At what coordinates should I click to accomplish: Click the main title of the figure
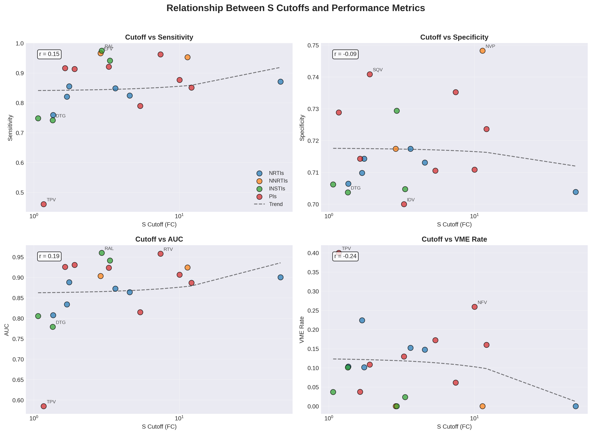(x=296, y=8)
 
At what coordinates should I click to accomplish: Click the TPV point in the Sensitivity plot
(x=44, y=204)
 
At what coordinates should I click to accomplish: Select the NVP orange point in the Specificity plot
(x=482, y=51)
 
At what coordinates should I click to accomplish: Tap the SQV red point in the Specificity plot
(x=370, y=74)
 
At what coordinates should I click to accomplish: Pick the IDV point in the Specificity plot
(x=404, y=204)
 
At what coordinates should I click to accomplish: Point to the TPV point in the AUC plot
(x=44, y=406)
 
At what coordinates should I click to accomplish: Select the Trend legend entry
(x=276, y=204)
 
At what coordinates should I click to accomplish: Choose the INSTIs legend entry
(x=277, y=189)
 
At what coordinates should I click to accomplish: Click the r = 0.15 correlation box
(x=49, y=54)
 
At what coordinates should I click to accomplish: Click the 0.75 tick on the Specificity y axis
(x=313, y=45)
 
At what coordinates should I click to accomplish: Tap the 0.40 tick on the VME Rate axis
(x=313, y=253)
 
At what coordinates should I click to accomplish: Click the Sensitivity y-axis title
(x=10, y=128)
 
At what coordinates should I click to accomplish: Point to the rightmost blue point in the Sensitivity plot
(x=281, y=82)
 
